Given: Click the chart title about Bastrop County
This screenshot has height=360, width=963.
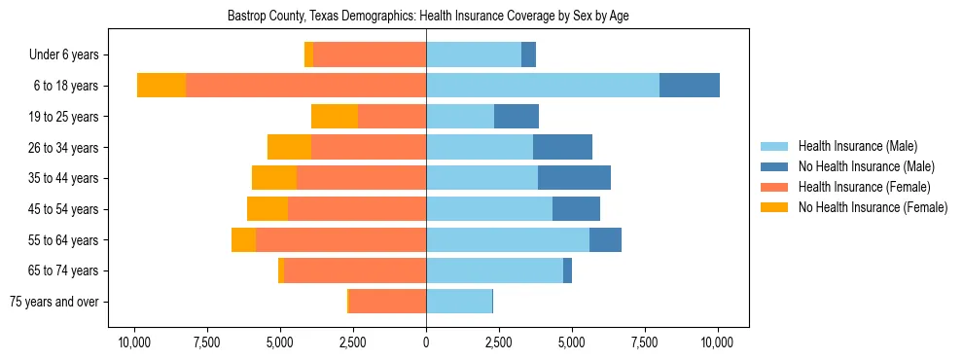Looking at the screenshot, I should (427, 17).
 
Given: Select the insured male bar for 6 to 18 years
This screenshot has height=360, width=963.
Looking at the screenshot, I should (542, 86).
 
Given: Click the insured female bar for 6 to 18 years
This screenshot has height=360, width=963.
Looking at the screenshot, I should (305, 86).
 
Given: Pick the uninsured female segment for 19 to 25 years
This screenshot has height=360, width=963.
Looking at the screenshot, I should (335, 117).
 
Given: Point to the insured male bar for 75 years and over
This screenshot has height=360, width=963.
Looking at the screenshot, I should (459, 302).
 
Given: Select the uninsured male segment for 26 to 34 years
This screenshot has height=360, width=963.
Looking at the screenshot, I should (562, 147).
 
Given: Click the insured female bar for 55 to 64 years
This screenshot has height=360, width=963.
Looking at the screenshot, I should (340, 239).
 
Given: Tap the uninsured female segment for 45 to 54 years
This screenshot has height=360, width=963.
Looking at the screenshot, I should (267, 209).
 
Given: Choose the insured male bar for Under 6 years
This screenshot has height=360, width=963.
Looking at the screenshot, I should (474, 55).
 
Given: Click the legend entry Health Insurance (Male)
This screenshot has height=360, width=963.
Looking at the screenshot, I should (857, 146).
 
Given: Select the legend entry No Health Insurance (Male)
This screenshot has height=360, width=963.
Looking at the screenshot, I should (866, 166).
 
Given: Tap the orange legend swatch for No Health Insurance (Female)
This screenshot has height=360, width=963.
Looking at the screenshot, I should (774, 207).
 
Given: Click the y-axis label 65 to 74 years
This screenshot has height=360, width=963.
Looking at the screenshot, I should (64, 270).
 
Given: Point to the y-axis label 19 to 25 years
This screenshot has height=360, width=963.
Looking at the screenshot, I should (64, 117).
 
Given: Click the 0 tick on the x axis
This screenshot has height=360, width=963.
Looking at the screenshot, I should (426, 342).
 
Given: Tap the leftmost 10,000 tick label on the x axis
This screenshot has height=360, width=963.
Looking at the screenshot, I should (134, 342).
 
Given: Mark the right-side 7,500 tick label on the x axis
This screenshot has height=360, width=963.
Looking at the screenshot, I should (645, 342).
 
